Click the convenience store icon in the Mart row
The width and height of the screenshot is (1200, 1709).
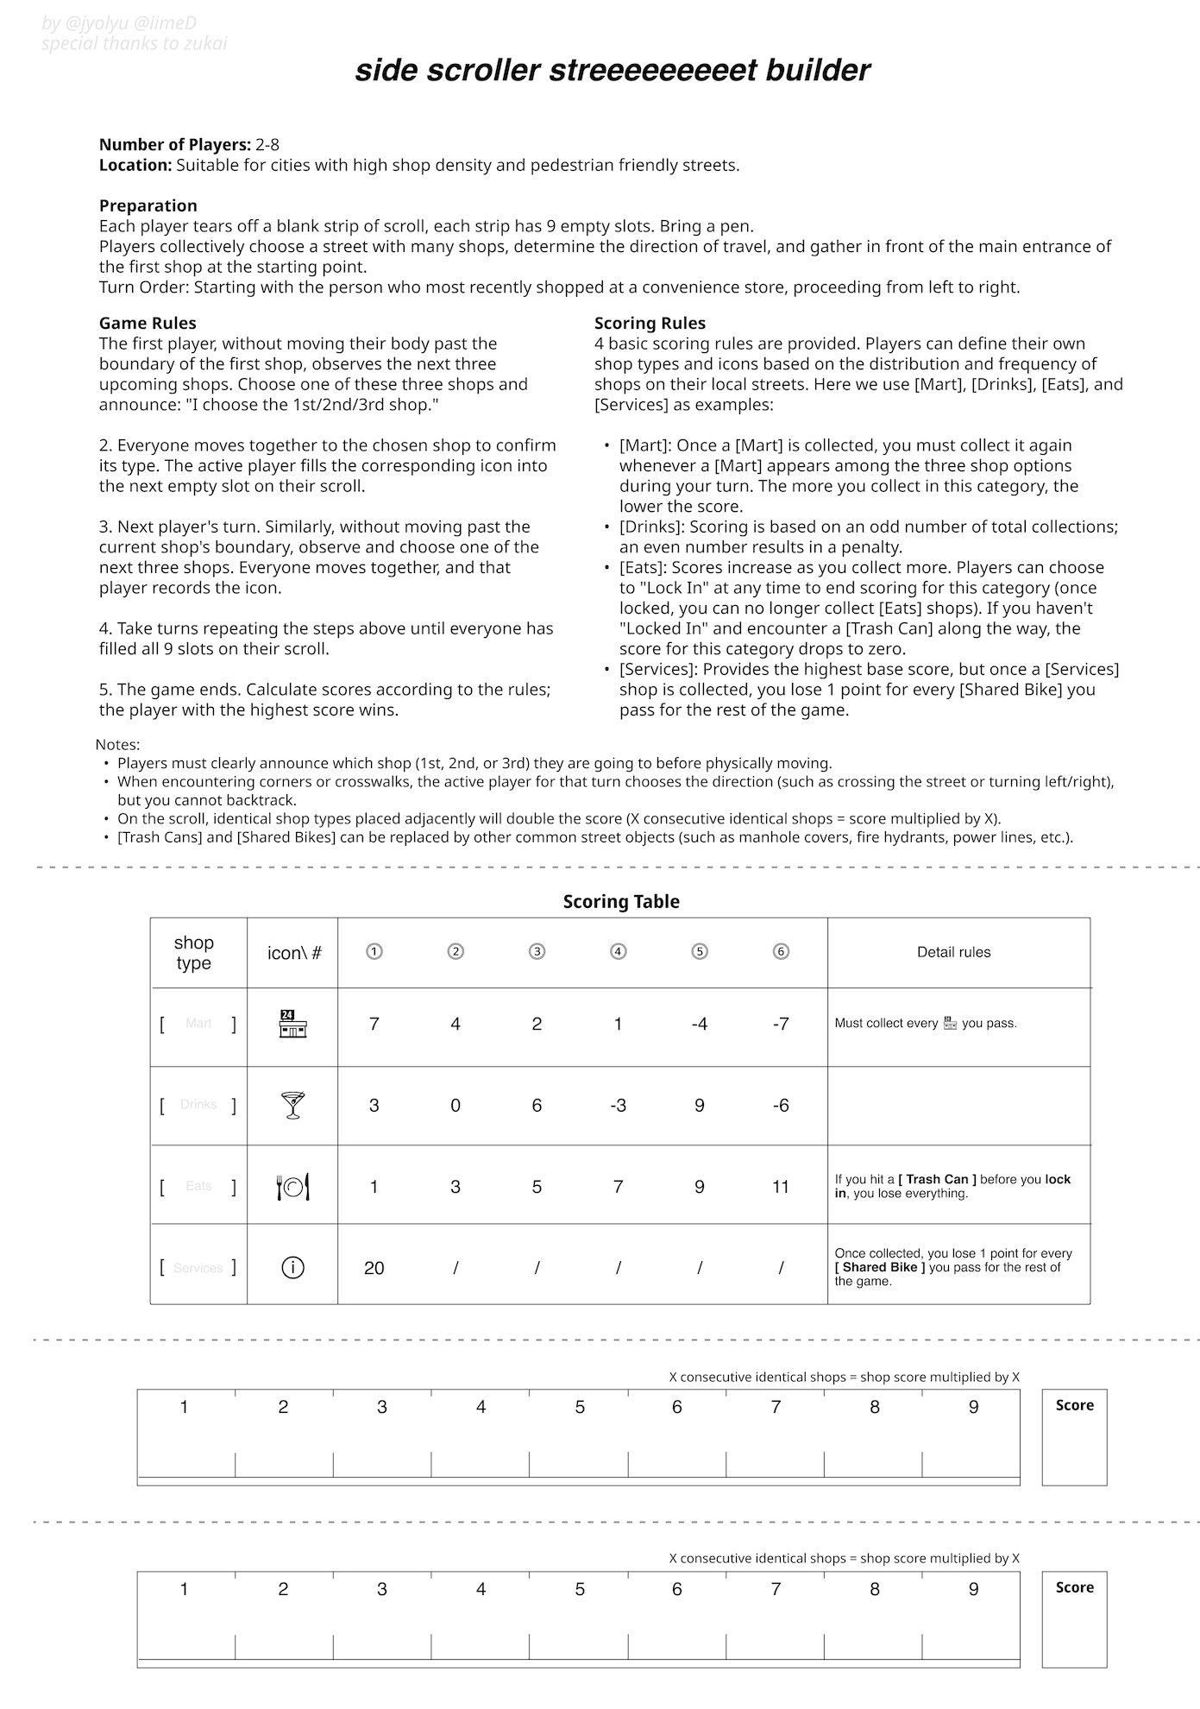coord(293,1024)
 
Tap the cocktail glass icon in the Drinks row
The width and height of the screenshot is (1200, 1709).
coord(293,1105)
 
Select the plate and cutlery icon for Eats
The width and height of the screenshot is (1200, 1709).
coord(293,1187)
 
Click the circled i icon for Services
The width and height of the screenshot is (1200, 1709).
coord(293,1268)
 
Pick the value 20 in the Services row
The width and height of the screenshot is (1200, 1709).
coord(374,1268)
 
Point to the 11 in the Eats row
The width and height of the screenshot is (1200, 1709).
coord(781,1187)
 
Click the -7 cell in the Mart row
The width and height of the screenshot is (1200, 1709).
coord(781,1024)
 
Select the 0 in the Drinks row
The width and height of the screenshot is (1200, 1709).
coord(455,1105)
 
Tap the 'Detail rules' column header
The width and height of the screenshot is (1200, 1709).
coord(953,952)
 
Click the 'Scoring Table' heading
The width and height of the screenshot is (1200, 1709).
coord(621,902)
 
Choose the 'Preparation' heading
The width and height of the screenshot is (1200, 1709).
coord(148,205)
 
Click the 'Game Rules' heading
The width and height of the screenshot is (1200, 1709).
coord(148,323)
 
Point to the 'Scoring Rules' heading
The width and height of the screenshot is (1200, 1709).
coord(650,323)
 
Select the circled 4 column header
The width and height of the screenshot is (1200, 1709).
coord(618,952)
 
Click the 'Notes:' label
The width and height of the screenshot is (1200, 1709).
coord(117,744)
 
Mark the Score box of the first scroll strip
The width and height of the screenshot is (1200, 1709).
coord(1074,1438)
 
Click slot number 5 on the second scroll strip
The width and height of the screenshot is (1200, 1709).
coord(580,1619)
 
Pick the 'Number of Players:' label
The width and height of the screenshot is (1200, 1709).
coord(175,144)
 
